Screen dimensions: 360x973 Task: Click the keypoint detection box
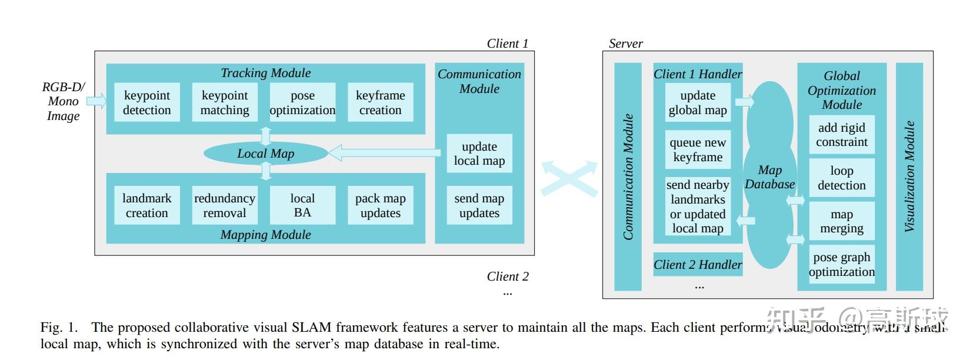click(146, 102)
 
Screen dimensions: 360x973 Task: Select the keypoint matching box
click(225, 102)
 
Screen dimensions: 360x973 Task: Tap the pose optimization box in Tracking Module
click(302, 102)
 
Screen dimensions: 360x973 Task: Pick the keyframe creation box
click(380, 102)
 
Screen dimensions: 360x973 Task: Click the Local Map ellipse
click(265, 154)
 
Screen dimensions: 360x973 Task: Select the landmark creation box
click(146, 205)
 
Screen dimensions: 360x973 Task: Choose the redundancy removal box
click(225, 205)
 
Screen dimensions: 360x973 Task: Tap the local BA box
click(302, 205)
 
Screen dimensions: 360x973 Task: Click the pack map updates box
click(380, 205)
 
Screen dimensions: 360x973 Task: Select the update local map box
click(479, 154)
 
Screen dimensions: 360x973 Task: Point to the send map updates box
click(479, 205)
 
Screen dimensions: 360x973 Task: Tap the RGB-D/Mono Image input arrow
click(96, 101)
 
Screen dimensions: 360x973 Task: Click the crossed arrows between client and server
click(569, 178)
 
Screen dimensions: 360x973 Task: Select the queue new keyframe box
click(698, 149)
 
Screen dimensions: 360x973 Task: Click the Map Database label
click(769, 177)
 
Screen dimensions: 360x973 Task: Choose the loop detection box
click(841, 178)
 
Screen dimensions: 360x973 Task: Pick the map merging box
click(841, 221)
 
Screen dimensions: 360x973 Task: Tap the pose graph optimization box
click(841, 264)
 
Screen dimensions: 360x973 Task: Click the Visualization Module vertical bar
click(909, 176)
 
